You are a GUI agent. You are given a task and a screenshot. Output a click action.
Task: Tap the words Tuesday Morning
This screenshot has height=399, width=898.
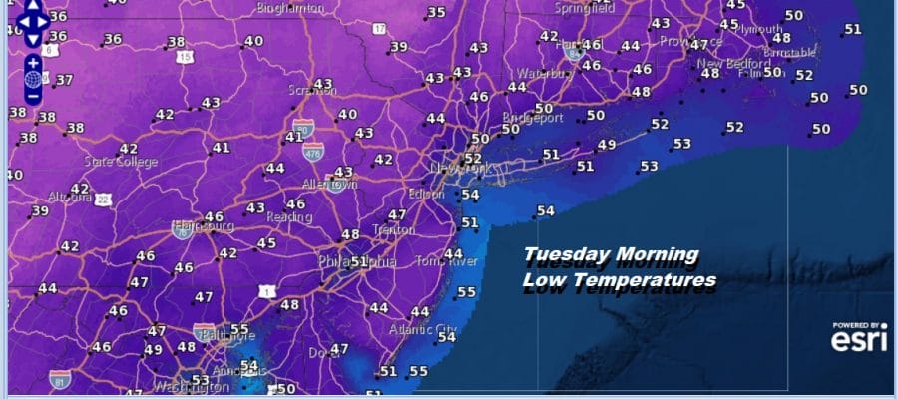[x=611, y=256]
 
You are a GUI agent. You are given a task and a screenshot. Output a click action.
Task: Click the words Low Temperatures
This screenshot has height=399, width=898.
[x=619, y=281]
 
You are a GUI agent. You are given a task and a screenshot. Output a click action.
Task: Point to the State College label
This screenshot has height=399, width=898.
[x=115, y=161]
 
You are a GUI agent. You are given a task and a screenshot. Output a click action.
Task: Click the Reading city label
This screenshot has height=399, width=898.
[x=289, y=216]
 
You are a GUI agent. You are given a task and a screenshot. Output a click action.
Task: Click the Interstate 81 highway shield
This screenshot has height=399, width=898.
[x=60, y=379]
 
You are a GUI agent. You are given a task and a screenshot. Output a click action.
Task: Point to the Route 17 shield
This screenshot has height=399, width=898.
[x=379, y=29]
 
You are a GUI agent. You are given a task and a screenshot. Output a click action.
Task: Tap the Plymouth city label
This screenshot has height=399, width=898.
[x=758, y=29]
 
